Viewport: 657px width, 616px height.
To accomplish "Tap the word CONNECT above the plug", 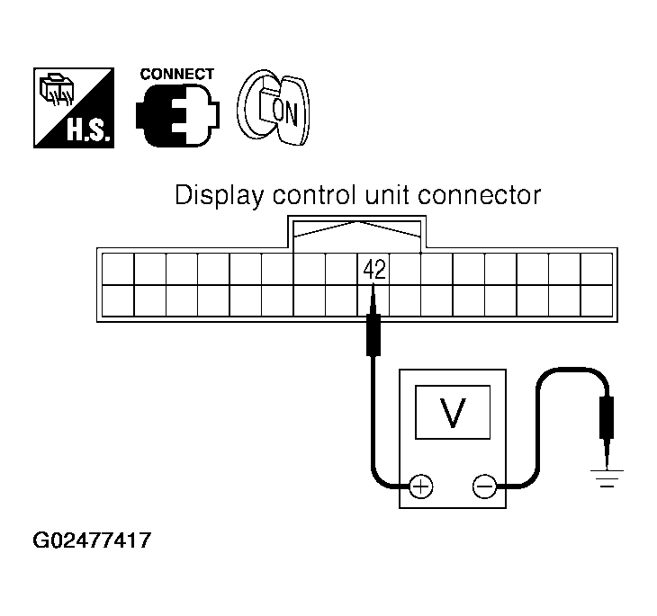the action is (176, 75).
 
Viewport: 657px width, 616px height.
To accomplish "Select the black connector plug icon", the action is (175, 116).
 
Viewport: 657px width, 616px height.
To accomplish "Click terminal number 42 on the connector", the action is (373, 268).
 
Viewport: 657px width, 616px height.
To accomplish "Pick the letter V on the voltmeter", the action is (453, 412).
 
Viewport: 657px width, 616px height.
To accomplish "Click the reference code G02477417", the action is (92, 542).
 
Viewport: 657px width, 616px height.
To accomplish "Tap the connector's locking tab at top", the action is (358, 232).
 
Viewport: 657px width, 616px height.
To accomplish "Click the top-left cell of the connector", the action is (117, 268).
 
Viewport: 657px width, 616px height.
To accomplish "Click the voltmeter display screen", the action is (453, 413).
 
